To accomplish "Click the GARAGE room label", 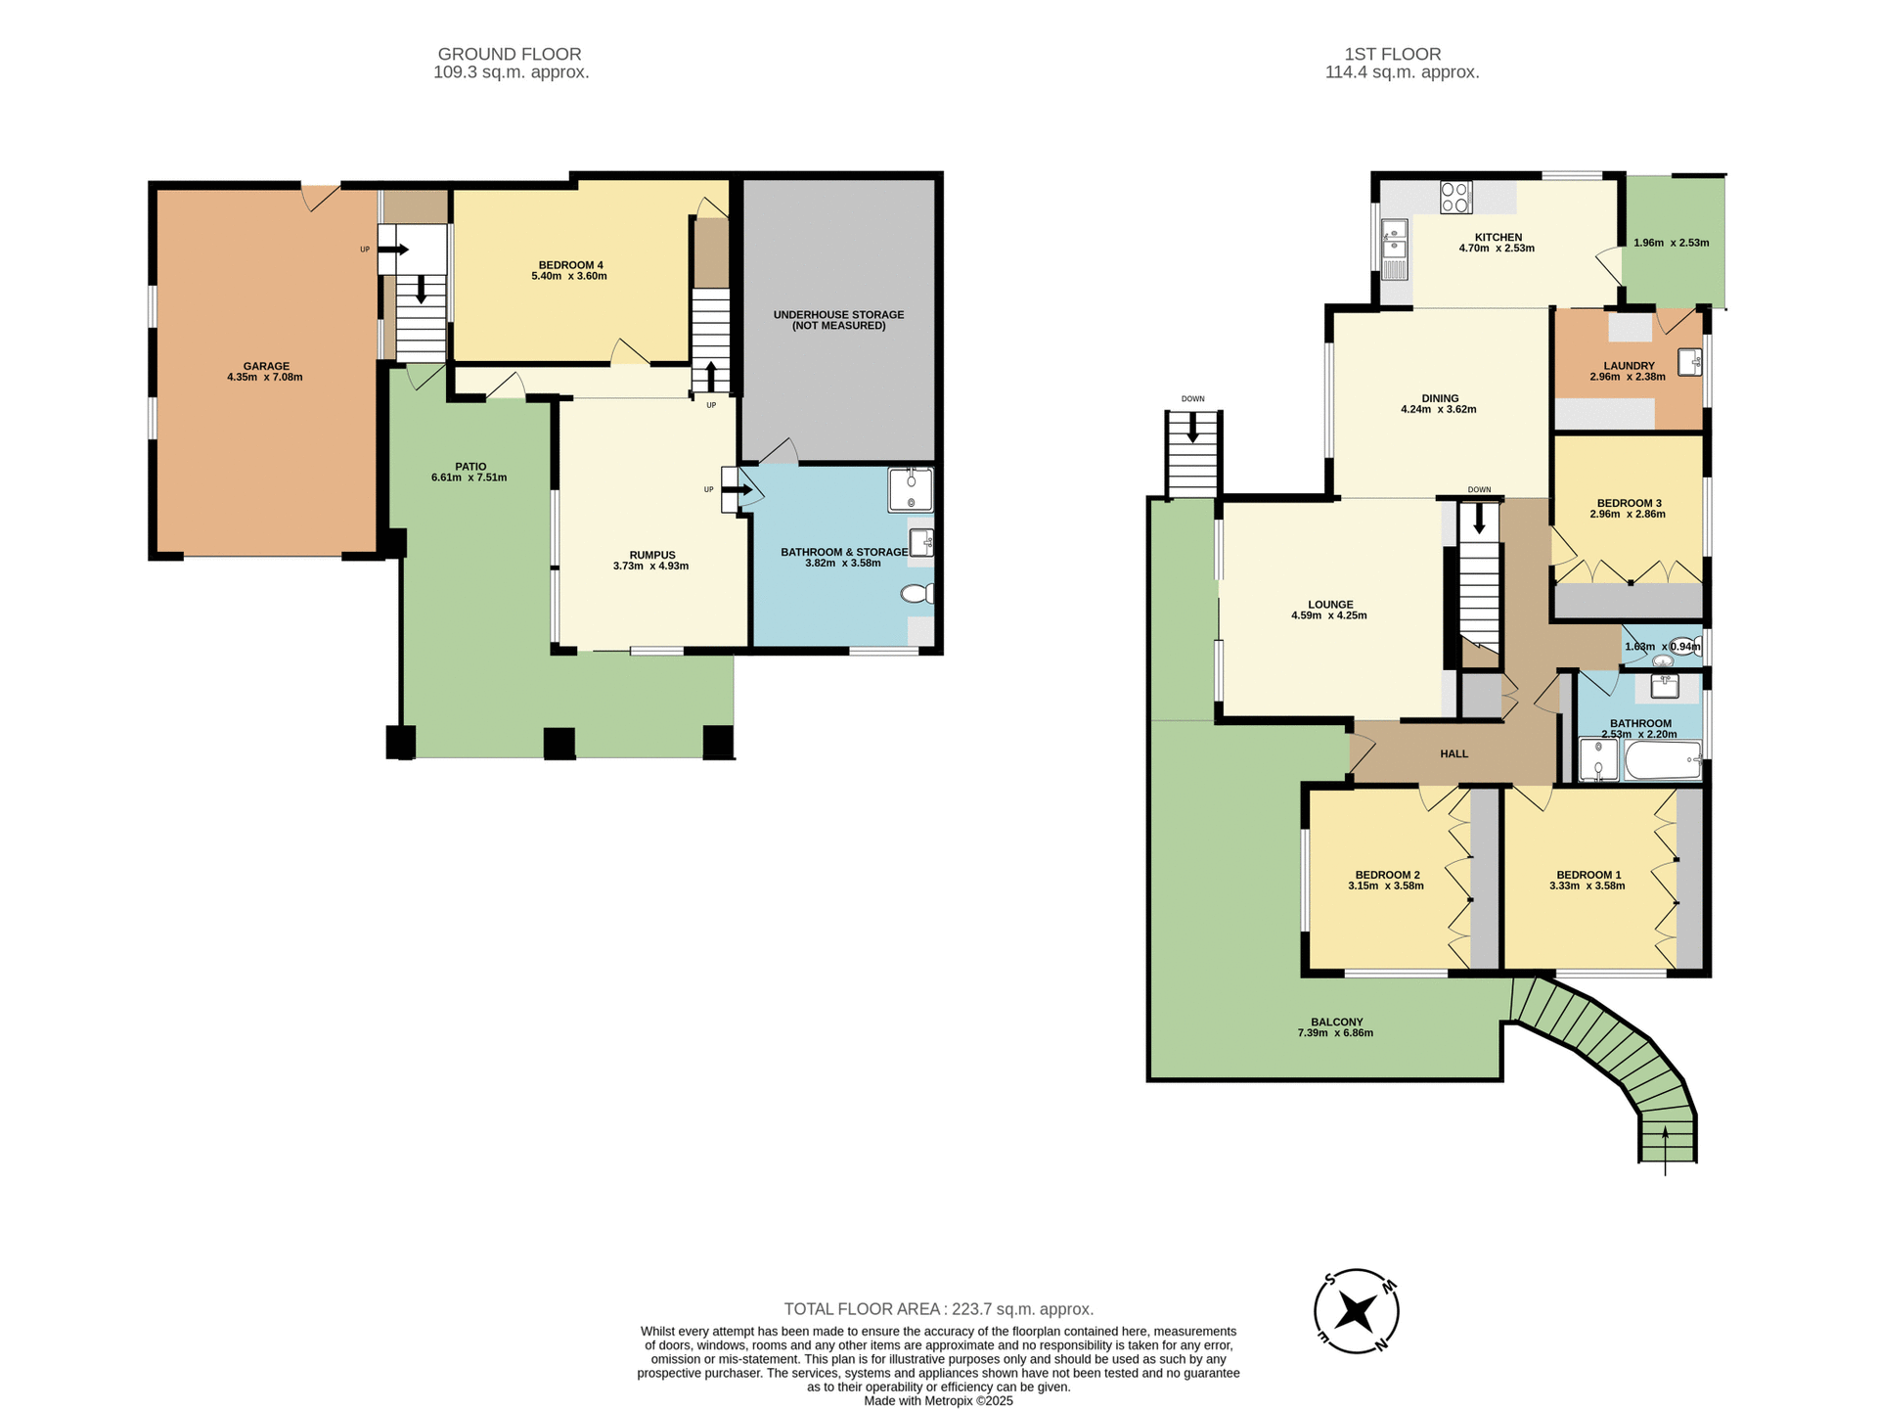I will (266, 366).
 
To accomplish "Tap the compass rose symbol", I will (1356, 1311).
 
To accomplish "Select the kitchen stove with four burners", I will (1455, 198).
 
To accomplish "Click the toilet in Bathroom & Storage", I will (917, 594).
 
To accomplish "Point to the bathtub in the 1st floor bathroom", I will (1663, 760).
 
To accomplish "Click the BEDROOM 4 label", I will (570, 265).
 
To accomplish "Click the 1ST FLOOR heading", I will (1392, 55).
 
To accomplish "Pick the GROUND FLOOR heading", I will (510, 55).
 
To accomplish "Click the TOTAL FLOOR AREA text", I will (938, 1309).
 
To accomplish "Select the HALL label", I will (1453, 753).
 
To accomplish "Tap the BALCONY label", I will (1336, 1022).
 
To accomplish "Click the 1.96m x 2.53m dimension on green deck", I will (1671, 243).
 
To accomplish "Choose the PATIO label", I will (470, 467).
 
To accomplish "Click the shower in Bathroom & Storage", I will (910, 489).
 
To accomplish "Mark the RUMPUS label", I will (652, 555).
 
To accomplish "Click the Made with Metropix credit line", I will (938, 1401).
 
